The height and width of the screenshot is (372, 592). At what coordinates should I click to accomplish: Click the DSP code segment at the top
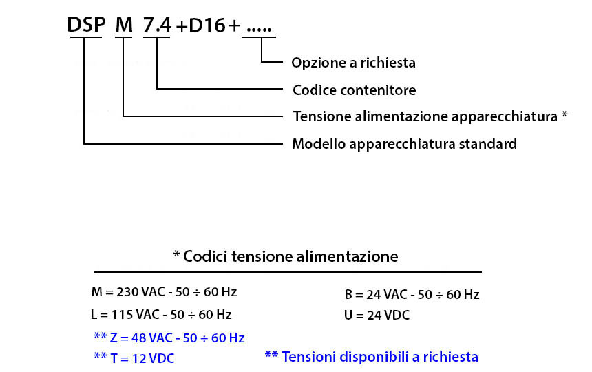tap(86, 25)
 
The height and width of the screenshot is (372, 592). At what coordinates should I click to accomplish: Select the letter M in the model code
tap(124, 25)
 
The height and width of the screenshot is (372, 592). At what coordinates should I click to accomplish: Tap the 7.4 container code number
tap(157, 25)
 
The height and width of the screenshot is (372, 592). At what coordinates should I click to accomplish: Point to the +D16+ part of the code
tap(208, 25)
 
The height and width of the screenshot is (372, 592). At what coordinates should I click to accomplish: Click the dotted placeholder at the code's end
tap(259, 29)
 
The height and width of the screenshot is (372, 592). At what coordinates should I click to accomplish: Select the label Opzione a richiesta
tap(353, 63)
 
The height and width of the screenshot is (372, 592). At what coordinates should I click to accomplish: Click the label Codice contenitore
tap(354, 90)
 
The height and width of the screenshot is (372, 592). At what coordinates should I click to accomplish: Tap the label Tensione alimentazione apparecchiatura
tap(425, 116)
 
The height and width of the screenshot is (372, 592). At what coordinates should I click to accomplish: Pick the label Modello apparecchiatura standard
tap(404, 144)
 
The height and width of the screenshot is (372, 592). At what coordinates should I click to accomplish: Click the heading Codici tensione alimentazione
tap(290, 256)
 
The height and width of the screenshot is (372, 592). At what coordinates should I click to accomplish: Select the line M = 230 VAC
tap(165, 292)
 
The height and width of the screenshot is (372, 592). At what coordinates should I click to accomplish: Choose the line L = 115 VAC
tap(161, 315)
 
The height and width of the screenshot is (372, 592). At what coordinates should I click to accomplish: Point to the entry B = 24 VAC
tap(412, 295)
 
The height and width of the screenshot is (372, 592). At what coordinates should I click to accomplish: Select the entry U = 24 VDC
tap(377, 315)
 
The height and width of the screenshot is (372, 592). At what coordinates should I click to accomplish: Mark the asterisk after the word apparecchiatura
tap(564, 114)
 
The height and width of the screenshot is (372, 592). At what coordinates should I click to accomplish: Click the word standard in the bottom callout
tap(488, 144)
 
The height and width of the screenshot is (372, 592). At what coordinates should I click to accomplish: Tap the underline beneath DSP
tap(86, 37)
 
